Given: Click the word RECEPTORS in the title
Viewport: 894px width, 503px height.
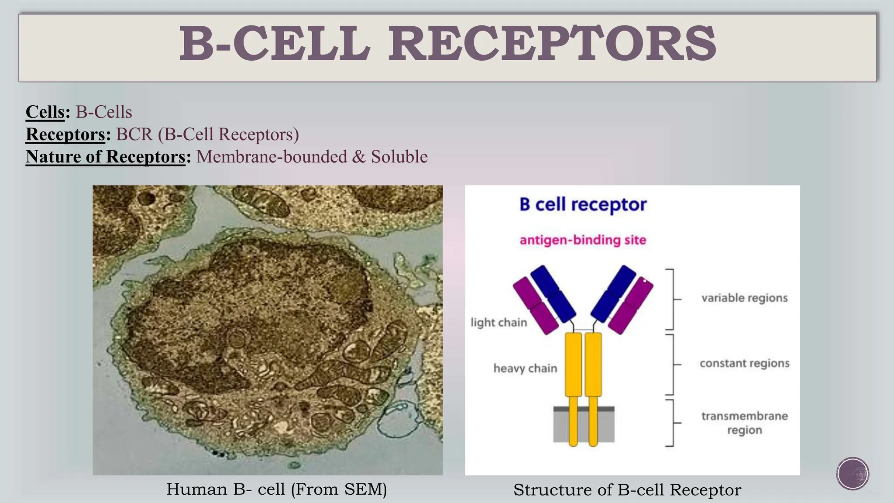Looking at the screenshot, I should tap(552, 44).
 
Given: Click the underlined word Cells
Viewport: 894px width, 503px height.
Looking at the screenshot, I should tap(45, 112).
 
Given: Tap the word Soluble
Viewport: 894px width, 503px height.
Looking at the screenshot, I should tap(399, 157).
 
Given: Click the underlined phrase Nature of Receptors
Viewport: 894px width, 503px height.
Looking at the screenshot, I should tap(106, 157).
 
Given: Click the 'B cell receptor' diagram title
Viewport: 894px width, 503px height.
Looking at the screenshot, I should tap(583, 204).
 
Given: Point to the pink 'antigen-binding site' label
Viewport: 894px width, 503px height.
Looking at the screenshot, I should tap(583, 240).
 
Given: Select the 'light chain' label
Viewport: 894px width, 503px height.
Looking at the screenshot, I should tap(499, 323).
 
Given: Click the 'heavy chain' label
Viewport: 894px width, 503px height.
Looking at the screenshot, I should tap(525, 369).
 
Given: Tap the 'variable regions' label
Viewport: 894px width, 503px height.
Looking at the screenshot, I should tap(744, 298).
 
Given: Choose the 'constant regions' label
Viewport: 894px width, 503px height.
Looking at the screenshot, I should tap(744, 363).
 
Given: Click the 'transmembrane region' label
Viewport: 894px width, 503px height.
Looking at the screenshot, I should tap(744, 423).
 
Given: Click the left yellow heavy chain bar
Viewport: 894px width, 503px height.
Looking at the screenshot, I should tap(573, 365).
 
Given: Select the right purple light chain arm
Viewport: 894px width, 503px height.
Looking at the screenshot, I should tap(631, 306).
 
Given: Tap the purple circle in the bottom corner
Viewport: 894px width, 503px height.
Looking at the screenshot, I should tap(853, 474).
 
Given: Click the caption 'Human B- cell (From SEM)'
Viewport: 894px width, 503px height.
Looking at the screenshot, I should tap(277, 489).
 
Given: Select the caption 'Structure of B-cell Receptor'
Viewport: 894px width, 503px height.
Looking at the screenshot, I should tap(627, 490).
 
